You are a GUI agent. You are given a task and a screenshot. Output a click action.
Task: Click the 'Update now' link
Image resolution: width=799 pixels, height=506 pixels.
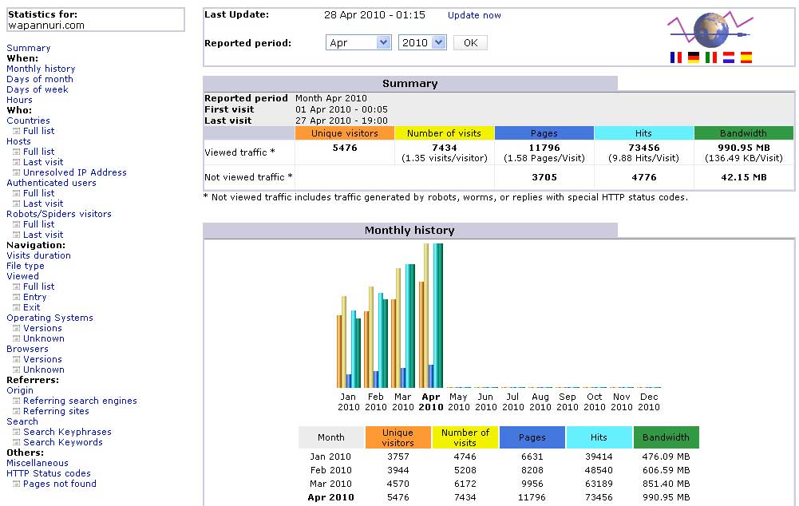point(474,15)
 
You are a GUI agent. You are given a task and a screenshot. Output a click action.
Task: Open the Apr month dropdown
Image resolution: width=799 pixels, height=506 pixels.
point(358,43)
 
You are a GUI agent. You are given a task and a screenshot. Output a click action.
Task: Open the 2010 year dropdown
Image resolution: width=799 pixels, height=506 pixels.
point(422,43)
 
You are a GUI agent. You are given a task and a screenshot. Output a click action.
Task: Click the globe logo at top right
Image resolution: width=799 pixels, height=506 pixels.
point(711,30)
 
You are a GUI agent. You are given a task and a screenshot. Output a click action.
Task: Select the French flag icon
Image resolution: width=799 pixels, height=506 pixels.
point(676,57)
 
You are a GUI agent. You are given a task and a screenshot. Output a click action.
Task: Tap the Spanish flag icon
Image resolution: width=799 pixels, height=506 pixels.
point(746,57)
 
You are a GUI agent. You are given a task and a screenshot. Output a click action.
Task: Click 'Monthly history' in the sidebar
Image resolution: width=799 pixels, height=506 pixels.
point(41,69)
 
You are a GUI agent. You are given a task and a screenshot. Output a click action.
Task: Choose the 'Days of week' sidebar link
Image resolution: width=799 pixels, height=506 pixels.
point(38,89)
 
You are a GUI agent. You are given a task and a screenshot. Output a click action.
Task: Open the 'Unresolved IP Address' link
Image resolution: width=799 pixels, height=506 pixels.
point(74,172)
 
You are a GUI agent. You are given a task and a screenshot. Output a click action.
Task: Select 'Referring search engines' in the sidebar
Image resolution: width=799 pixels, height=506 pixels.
point(80,401)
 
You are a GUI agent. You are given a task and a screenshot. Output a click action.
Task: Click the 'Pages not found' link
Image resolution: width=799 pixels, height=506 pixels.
point(60,484)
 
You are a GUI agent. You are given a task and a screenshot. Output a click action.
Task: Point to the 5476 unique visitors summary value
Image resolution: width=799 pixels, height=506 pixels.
point(345,148)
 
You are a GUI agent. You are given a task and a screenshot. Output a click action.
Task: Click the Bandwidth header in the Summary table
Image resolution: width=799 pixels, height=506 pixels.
point(743,133)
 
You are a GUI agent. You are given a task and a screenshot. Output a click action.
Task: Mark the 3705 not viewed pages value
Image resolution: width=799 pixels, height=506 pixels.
point(544,177)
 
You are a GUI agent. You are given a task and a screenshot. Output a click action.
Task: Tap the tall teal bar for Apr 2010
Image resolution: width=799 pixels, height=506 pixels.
point(437,315)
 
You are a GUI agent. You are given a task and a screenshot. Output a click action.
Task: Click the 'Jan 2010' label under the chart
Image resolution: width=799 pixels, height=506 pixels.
point(349,402)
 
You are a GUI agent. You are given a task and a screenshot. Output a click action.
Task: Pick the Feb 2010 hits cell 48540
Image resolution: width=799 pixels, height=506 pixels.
point(599,470)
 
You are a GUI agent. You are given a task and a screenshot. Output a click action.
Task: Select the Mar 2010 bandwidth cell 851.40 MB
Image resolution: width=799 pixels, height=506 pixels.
point(666,484)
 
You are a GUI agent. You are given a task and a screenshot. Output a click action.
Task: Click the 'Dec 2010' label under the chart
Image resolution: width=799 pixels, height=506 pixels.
point(649,402)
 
